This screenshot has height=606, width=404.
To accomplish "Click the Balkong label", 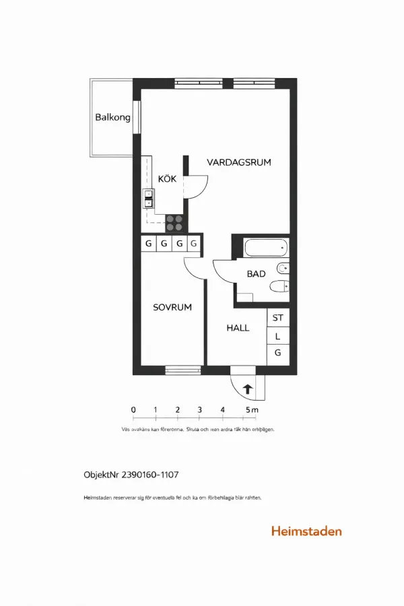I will (x=112, y=117).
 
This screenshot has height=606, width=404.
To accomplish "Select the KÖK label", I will (x=167, y=179).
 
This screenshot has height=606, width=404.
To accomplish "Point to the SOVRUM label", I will (x=172, y=307).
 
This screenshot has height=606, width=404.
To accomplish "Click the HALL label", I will (x=238, y=328).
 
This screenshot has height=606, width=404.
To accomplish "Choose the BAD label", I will (x=257, y=274).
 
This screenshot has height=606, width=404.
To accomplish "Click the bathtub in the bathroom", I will (x=266, y=248).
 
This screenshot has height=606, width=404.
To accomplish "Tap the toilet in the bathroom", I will (x=279, y=288).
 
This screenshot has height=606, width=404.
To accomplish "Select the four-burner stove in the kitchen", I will (x=175, y=223).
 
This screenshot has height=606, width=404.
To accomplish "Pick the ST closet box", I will (x=278, y=318).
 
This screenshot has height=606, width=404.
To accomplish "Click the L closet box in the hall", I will (x=278, y=336).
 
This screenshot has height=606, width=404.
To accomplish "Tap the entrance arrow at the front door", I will (x=247, y=389).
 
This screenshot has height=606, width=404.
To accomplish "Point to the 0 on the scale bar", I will (x=133, y=409).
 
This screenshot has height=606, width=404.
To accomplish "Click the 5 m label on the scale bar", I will (x=251, y=409).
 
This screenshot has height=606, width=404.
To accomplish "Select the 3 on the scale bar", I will (x=200, y=409).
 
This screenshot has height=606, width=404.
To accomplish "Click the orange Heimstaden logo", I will (x=306, y=531).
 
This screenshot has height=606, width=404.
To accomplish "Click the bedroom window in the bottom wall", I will (x=183, y=369).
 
